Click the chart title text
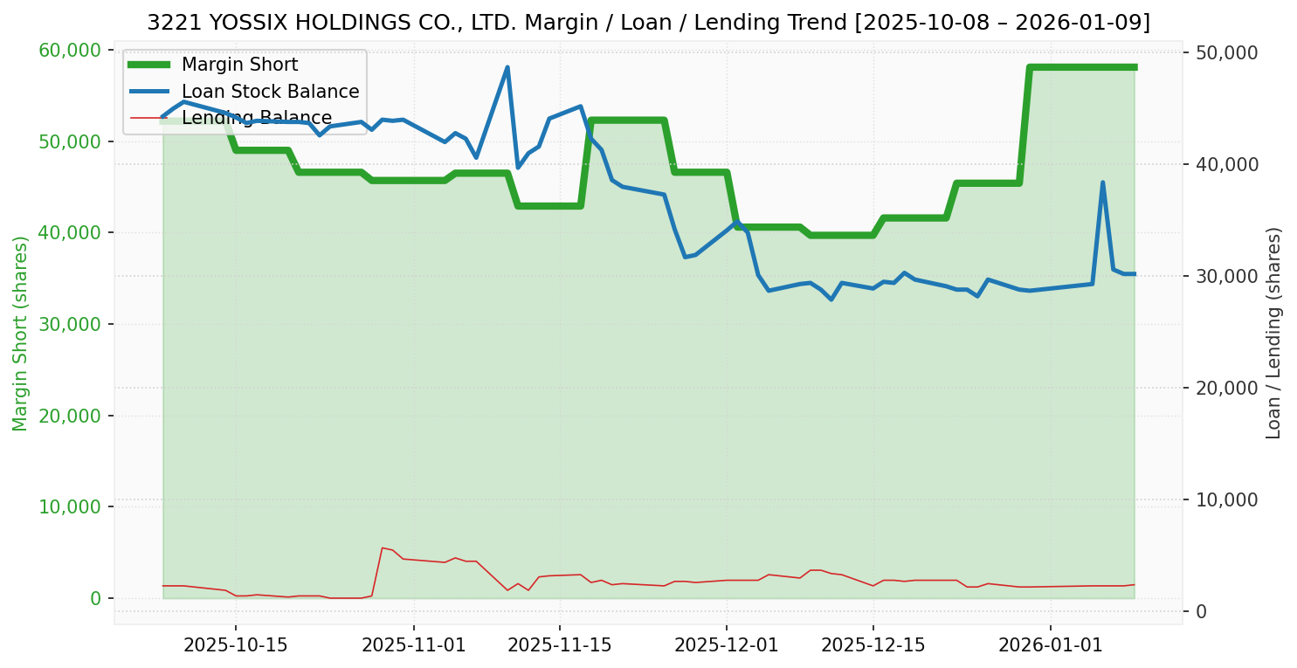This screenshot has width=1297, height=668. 648,23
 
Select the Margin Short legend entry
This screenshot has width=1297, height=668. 239,65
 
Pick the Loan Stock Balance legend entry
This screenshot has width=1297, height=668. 270,92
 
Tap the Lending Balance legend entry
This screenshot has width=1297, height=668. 256,118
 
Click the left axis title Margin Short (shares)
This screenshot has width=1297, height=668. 21,334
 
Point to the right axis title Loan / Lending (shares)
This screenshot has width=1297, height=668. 1274,333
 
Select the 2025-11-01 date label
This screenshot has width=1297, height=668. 413,646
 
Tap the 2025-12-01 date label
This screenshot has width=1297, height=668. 726,646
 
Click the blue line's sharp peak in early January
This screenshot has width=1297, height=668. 1102,182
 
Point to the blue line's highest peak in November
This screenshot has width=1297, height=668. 507,67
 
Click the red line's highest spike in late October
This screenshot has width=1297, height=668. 382,547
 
